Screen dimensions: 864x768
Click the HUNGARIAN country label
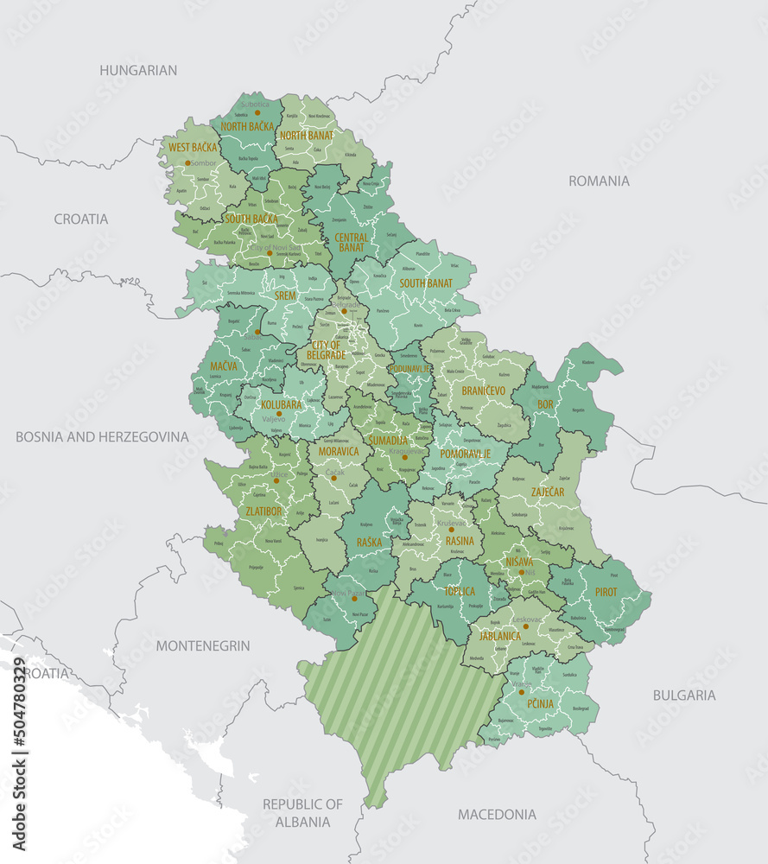pyautogui.click(x=138, y=70)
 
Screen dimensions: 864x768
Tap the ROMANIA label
pyautogui.click(x=599, y=181)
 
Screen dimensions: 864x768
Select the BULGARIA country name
pyautogui.click(x=683, y=695)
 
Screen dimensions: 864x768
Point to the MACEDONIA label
pyautogui.click(x=497, y=814)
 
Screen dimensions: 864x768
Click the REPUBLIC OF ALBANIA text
pyautogui.click(x=302, y=813)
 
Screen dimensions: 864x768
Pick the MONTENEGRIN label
pyautogui.click(x=203, y=645)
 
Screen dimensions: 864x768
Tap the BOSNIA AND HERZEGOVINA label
pyautogui.click(x=102, y=437)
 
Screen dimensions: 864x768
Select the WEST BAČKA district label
pyautogui.click(x=193, y=148)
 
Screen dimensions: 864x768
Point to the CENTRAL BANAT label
pyautogui.click(x=351, y=243)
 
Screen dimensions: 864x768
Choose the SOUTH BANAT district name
pyautogui.click(x=426, y=283)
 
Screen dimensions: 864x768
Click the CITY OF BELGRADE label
pyautogui.click(x=327, y=350)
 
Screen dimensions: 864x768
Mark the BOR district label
pyautogui.click(x=545, y=403)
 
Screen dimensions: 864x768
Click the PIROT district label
pyautogui.click(x=606, y=592)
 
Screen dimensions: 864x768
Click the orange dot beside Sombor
pyautogui.click(x=187, y=162)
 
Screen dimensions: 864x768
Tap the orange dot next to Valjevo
pyautogui.click(x=279, y=414)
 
